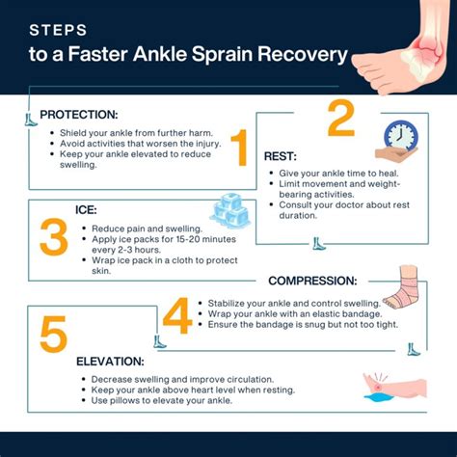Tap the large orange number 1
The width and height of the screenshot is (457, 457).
(239, 148)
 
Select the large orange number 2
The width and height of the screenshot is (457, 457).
(341, 120)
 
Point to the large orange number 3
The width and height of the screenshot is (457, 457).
(53, 235)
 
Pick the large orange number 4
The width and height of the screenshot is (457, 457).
(176, 315)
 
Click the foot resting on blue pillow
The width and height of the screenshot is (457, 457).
(396, 389)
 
